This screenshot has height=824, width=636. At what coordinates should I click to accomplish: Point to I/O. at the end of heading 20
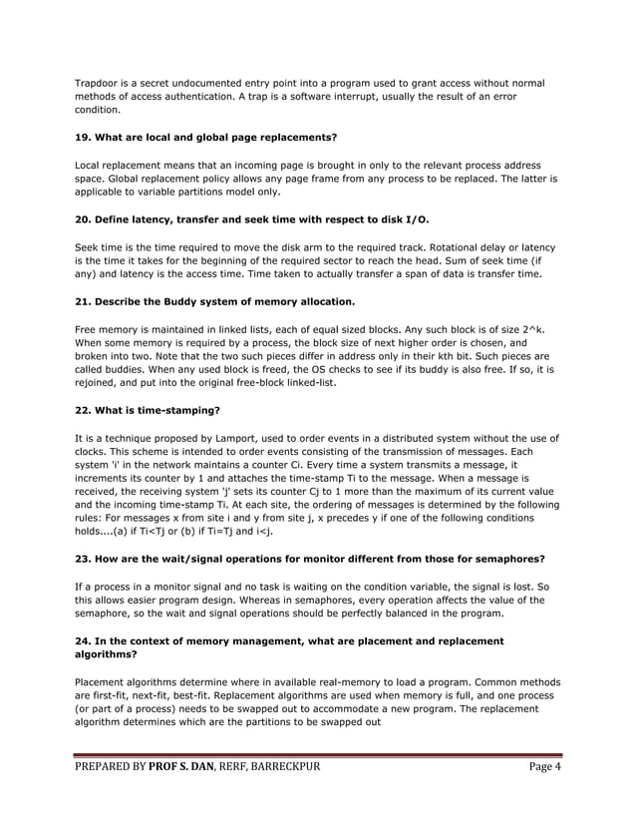point(418,218)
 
